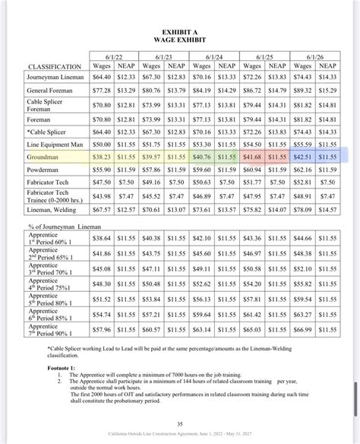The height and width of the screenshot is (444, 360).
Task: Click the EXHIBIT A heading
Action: point(179,30)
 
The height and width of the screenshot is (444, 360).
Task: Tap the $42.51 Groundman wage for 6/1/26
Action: point(302,156)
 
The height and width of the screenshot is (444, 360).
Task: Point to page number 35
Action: point(179,423)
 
